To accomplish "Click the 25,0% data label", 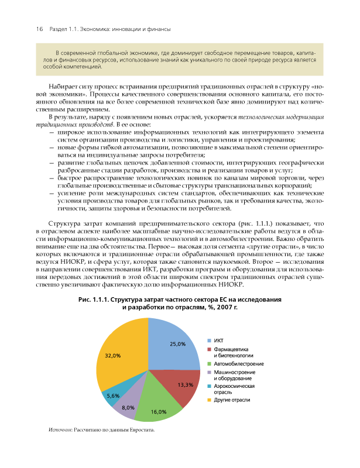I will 177,344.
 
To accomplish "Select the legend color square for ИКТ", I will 210,339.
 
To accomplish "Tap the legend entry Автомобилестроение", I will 238,363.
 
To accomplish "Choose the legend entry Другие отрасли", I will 232,400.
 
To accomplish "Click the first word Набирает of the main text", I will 64,85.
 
